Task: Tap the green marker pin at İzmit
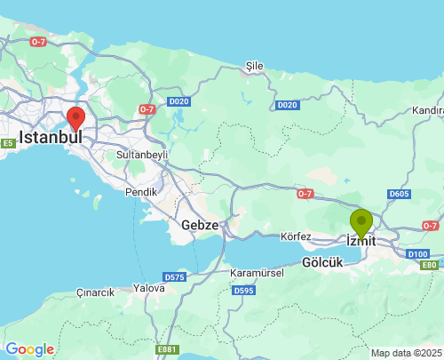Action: (361, 222)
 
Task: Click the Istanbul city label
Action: (51, 139)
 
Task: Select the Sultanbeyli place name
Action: (142, 154)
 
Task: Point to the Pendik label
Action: (141, 191)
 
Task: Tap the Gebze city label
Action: (200, 225)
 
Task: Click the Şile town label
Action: (255, 66)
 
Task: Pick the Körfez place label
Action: (295, 237)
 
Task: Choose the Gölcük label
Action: (321, 263)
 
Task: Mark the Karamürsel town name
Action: (256, 272)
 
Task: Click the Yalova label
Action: (148, 288)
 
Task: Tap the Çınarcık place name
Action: (96, 292)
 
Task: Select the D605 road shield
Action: (399, 195)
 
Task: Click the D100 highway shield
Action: (418, 254)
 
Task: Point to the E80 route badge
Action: (430, 265)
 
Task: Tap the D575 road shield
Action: (175, 277)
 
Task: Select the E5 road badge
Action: (8, 143)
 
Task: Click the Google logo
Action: (29, 349)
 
